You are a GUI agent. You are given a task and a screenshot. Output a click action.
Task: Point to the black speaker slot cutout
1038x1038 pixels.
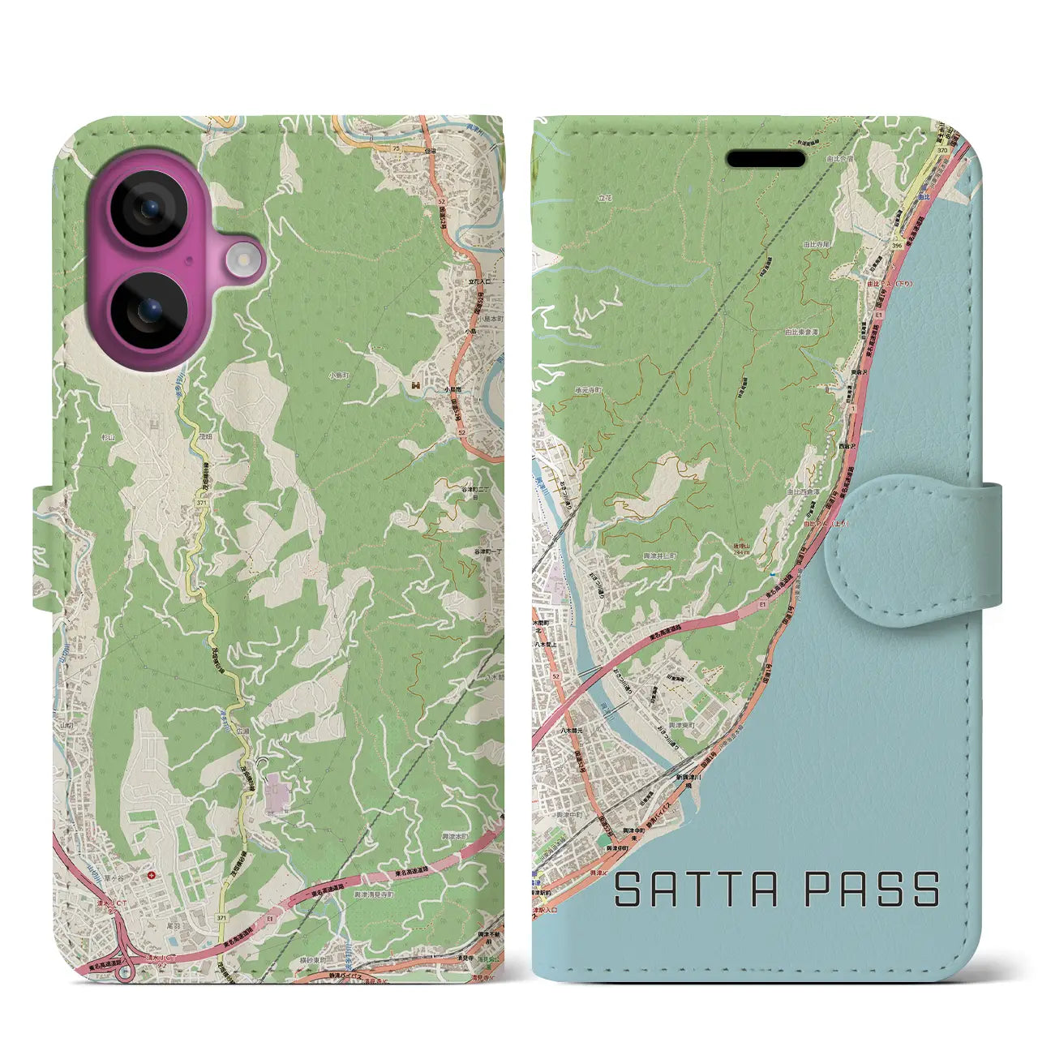coord(766,159)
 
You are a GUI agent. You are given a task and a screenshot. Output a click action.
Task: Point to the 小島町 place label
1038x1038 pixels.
coord(338,375)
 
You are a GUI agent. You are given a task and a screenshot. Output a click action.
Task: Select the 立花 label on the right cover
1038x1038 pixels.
coord(605,197)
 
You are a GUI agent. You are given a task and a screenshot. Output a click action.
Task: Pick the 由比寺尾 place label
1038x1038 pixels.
coord(817,244)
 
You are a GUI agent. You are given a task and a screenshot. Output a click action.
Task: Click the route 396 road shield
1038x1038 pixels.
coord(896,242)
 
